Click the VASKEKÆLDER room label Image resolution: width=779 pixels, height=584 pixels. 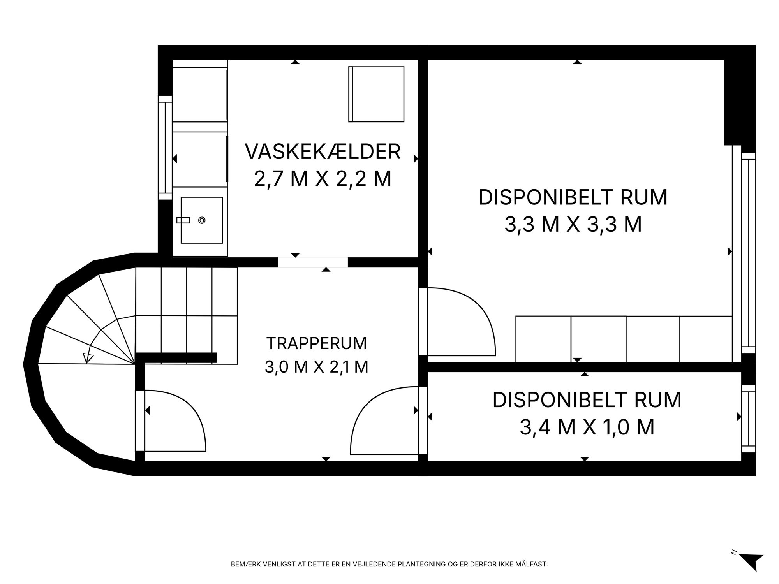323,152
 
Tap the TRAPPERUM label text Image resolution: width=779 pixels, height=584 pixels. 317,343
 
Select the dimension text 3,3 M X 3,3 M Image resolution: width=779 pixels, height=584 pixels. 573,225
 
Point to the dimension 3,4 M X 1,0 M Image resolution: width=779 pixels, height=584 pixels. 587,427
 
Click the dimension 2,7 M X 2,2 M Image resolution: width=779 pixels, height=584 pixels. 323,179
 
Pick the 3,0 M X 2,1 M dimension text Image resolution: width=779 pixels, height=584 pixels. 317,367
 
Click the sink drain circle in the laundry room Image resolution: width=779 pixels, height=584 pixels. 202,220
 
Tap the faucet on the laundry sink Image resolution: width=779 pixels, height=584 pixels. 183,220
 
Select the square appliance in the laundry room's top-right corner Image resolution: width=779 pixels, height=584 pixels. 376,94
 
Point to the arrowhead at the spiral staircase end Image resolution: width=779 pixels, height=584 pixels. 88,358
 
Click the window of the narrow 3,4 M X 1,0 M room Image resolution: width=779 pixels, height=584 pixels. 748,419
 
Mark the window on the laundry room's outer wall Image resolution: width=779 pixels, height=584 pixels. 165,148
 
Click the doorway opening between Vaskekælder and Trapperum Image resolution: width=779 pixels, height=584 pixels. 313,262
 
